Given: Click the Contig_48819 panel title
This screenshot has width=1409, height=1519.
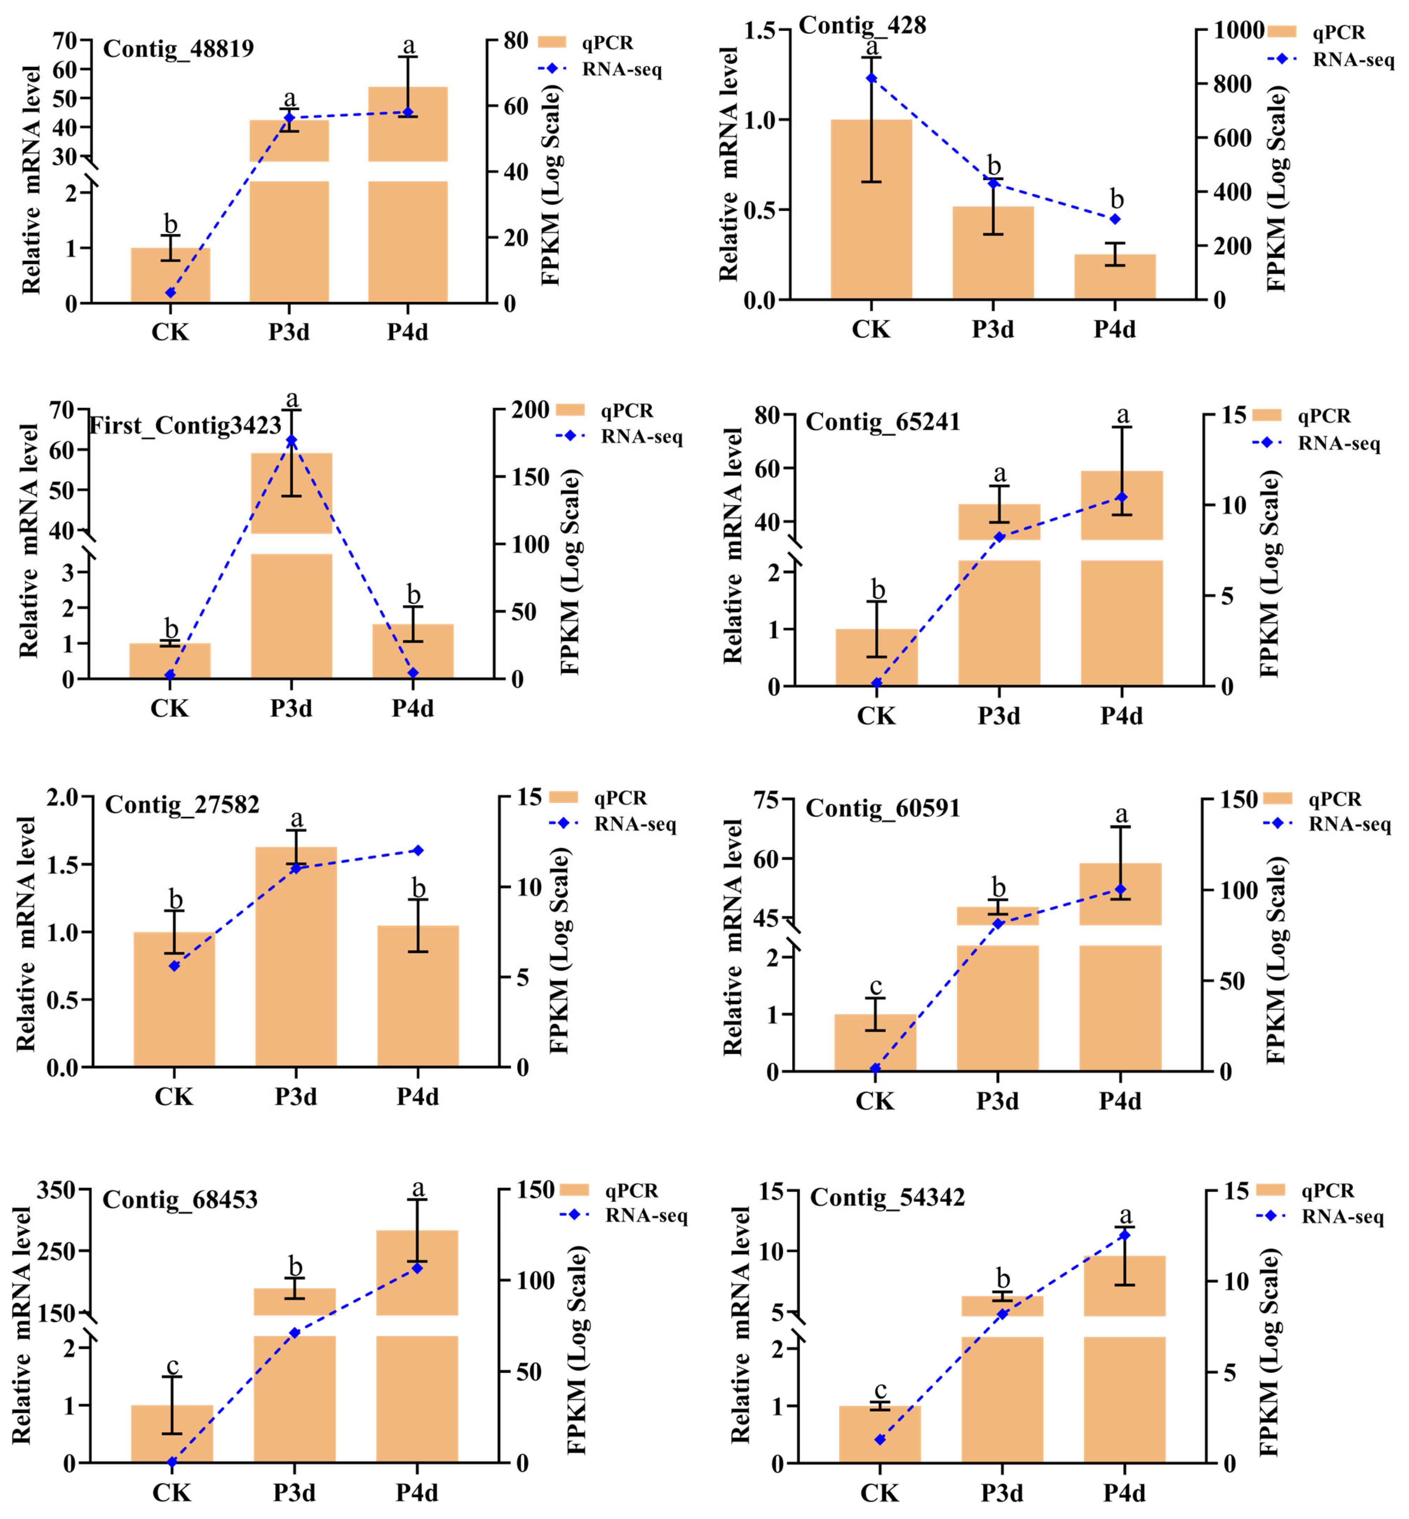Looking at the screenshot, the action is (179, 49).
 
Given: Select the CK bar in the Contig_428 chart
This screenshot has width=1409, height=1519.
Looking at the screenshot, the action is (872, 209).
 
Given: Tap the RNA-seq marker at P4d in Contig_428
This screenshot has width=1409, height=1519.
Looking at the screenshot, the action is (1115, 219).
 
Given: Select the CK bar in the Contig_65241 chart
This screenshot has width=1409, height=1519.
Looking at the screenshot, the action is (877, 657).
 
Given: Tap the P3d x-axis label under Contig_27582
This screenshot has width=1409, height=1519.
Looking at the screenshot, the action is (296, 1097).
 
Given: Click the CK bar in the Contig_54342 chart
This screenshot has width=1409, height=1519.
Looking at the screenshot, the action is (880, 1434).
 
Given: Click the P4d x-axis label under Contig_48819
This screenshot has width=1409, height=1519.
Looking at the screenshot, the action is (407, 332).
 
